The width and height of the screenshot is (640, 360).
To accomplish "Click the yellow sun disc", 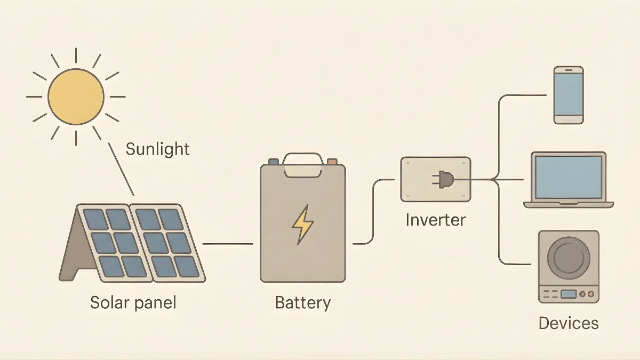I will (x=76, y=97).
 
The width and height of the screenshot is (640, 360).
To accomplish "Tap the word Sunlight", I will (x=157, y=149).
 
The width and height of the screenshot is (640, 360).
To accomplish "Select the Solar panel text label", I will (x=133, y=303).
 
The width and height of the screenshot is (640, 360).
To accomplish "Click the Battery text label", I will (x=302, y=303).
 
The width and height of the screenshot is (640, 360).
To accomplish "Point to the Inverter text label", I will (x=435, y=220).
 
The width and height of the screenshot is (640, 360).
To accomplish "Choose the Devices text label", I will (x=568, y=323).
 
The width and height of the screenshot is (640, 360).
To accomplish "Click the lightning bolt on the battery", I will (x=302, y=225).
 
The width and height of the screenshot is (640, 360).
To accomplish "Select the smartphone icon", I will (x=568, y=95).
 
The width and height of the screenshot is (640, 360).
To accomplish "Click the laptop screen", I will (x=569, y=177).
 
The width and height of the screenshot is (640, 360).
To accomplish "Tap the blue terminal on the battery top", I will (x=273, y=161).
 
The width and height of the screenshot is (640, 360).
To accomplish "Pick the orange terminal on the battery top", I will (x=332, y=161).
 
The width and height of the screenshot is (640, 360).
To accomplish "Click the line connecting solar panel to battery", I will (x=228, y=244).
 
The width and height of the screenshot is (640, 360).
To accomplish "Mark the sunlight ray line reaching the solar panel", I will (x=121, y=170).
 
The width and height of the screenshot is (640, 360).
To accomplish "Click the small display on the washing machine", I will (x=568, y=294).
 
